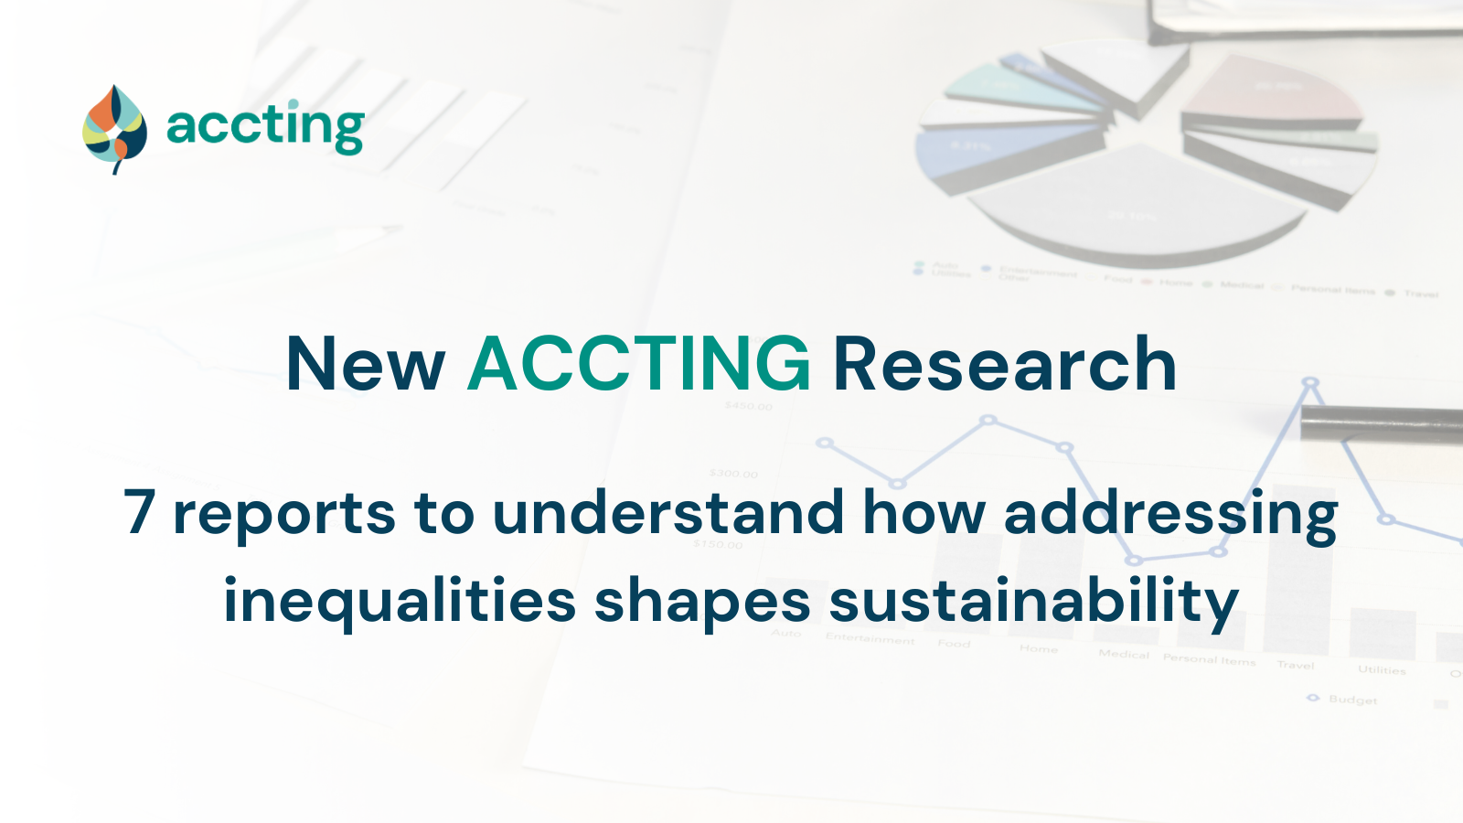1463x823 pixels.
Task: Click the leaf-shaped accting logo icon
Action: [x=114, y=130]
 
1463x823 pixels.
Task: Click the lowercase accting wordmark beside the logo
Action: [x=265, y=126]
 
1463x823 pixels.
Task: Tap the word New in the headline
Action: [x=365, y=365]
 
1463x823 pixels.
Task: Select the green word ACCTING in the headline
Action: [x=638, y=365]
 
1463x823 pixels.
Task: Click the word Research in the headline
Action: [x=1004, y=365]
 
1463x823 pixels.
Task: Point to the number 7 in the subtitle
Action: [x=139, y=511]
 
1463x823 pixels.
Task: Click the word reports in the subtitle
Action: [x=284, y=514]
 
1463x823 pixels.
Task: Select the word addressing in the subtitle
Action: [x=1170, y=514]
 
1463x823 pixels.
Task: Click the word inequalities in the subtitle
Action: [x=400, y=602]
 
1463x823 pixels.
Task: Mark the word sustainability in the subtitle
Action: [x=1033, y=602]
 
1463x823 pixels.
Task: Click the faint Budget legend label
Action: [x=1352, y=700]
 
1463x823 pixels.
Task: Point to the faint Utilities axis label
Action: [x=1382, y=670]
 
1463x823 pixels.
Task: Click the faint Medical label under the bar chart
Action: [x=1124, y=654]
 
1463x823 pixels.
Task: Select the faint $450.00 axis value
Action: [x=748, y=406]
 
